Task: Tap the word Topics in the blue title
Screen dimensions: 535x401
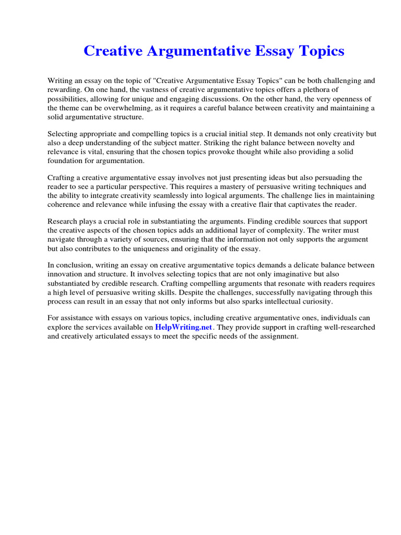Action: point(322,51)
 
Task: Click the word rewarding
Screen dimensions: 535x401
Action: point(63,90)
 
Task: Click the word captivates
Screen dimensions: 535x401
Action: point(306,204)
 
